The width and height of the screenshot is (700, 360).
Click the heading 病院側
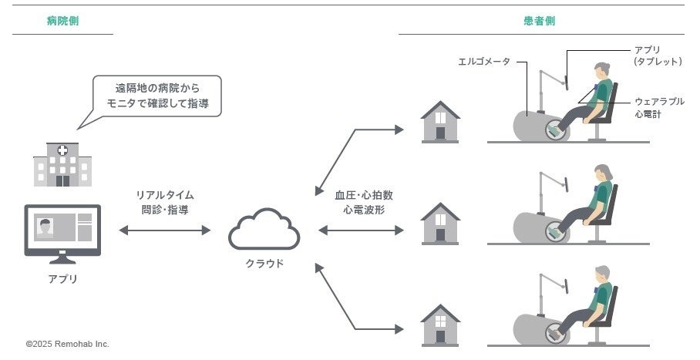tap(62, 22)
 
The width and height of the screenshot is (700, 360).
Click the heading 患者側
tap(539, 22)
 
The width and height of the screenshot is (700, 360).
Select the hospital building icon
tap(62, 164)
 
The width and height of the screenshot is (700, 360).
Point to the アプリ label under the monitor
tap(62, 279)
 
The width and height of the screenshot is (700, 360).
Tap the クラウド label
tap(264, 264)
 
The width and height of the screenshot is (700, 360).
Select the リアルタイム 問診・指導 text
tap(165, 201)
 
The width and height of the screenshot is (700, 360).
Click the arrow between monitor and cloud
tap(165, 230)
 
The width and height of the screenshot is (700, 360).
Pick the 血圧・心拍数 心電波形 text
tap(358, 201)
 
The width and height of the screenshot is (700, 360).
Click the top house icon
tap(440, 121)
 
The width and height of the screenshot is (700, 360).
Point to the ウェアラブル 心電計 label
tap(659, 108)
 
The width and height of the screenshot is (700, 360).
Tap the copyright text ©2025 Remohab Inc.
tap(68, 344)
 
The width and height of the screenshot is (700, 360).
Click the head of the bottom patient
tap(602, 273)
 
